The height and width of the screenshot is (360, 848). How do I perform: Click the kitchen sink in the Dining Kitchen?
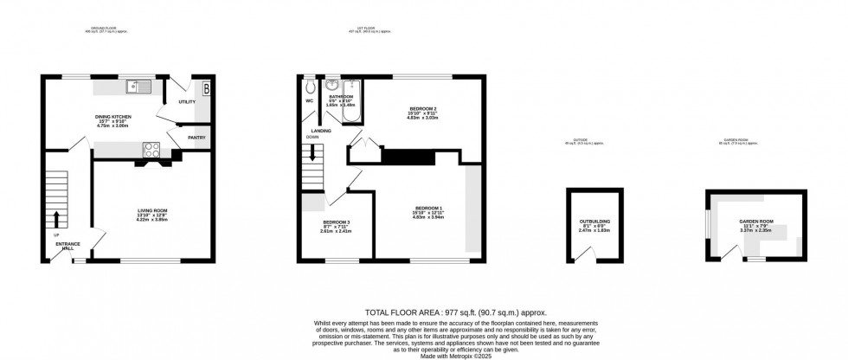[x=138, y=86]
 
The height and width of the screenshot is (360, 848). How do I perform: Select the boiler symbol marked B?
[x=205, y=87]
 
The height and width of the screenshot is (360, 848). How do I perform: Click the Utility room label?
[x=187, y=102]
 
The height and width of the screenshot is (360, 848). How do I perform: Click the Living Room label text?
[x=152, y=210]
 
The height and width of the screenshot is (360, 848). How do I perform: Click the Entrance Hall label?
[x=68, y=247]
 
